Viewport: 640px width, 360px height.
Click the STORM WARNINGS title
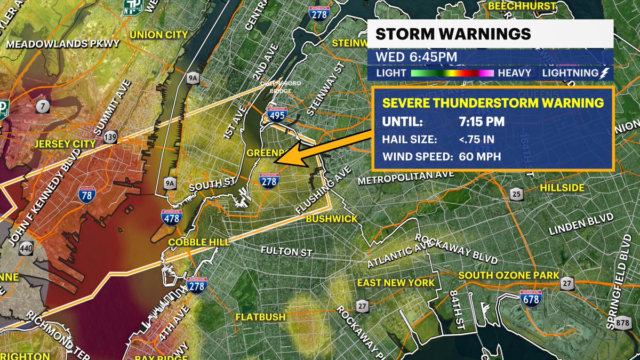(x=453, y=34)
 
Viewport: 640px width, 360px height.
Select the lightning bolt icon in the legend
(x=605, y=73)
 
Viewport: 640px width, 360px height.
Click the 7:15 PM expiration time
(x=481, y=122)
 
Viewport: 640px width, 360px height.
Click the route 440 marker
(x=25, y=249)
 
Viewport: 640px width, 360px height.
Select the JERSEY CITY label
(x=65, y=144)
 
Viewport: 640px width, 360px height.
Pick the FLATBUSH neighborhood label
(x=261, y=317)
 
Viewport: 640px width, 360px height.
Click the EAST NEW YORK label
(x=396, y=283)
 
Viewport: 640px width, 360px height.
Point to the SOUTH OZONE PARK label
(x=509, y=275)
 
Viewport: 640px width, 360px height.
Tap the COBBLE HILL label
(x=199, y=242)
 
